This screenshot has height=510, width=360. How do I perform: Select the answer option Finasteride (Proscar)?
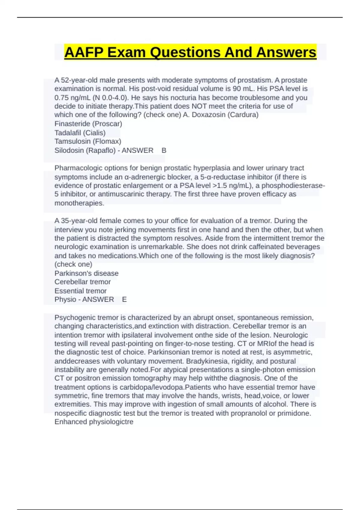point(88,124)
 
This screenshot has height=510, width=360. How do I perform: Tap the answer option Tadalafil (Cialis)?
point(80,133)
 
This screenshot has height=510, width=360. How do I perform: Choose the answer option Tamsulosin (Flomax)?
point(88,141)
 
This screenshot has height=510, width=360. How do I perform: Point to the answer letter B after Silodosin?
point(164,150)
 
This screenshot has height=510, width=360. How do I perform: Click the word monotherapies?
point(79,203)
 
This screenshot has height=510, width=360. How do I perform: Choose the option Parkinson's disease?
point(86,273)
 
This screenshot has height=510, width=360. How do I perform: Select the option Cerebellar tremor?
point(82,282)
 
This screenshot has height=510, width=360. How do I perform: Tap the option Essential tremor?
point(80,291)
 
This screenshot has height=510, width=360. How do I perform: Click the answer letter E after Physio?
point(124,299)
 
